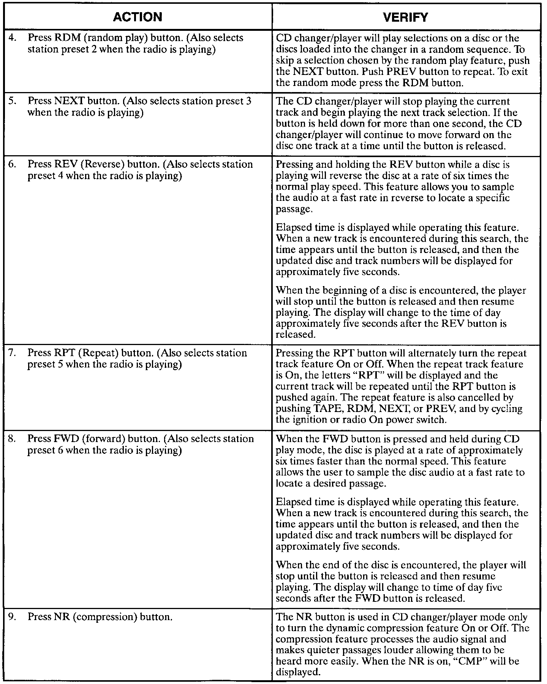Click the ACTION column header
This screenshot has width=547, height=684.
tap(138, 17)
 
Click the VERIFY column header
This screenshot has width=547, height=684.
tap(405, 17)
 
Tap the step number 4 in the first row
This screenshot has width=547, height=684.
tap(11, 38)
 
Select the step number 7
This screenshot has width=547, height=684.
tap(11, 353)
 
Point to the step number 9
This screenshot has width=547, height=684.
tap(11, 617)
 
